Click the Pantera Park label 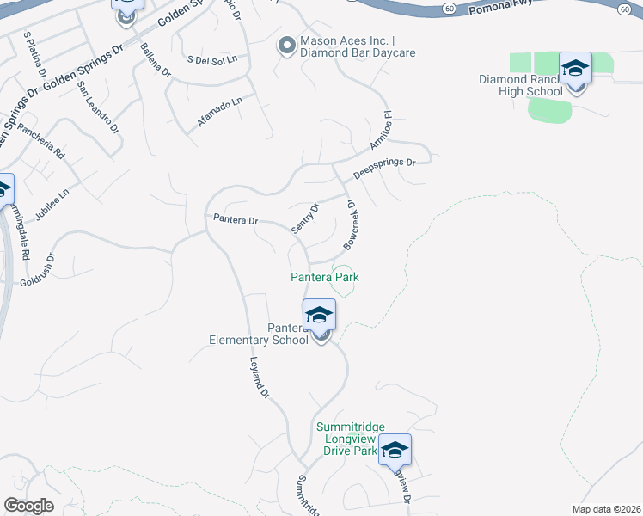tap(324, 277)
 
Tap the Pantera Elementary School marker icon tap(319, 316)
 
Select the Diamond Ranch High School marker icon tap(575, 69)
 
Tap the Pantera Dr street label tap(236, 221)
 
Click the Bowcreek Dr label tap(350, 225)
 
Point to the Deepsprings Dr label tap(384, 168)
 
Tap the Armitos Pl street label tap(381, 131)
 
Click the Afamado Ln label tap(220, 113)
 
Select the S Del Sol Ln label tap(211, 59)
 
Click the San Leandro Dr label tap(97, 108)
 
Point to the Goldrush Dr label tap(37, 269)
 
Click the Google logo tap(28, 506)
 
